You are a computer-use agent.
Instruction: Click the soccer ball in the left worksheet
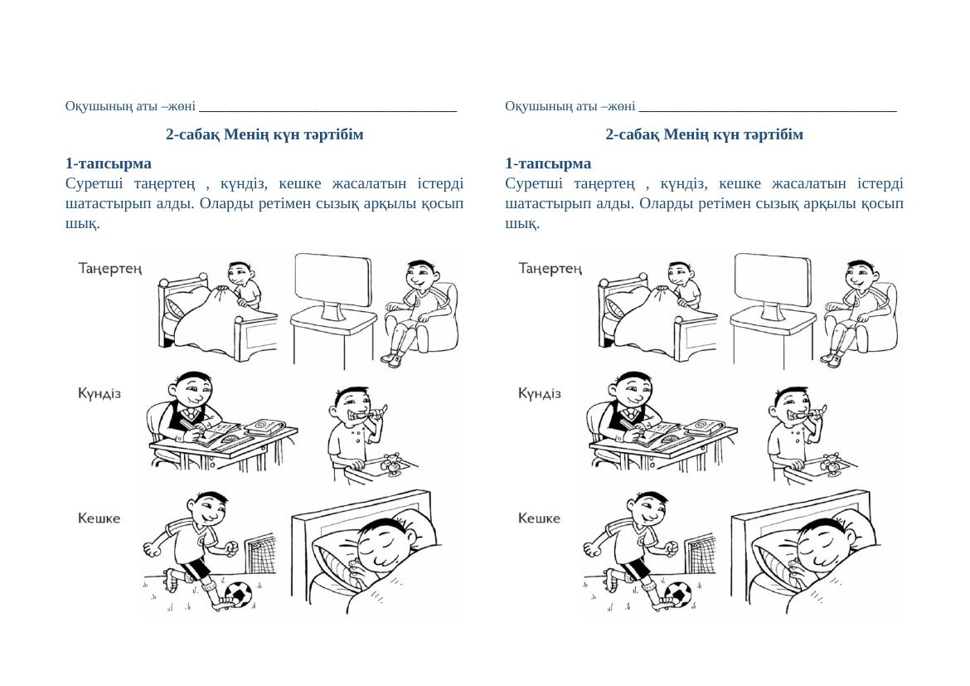pos(238,595)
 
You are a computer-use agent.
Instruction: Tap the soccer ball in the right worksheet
pos(678,595)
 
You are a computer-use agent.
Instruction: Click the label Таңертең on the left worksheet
pos(110,269)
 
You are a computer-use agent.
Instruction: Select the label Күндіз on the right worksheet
pos(540,394)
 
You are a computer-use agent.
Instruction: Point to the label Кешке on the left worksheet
pos(99,518)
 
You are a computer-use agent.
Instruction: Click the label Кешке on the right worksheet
pos(539,518)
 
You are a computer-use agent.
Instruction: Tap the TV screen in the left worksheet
pos(333,280)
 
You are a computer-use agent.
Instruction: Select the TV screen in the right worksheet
pos(774,280)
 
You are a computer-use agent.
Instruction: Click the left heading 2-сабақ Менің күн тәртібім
pos(264,134)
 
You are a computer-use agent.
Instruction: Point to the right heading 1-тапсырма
pos(548,163)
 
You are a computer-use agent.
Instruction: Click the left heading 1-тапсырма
pos(109,163)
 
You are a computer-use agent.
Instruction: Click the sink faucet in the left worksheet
pos(392,465)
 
